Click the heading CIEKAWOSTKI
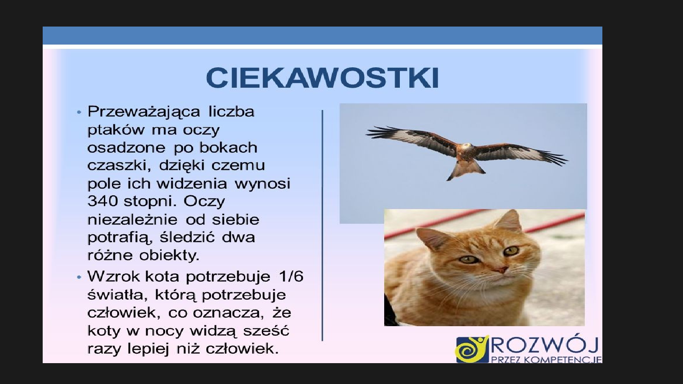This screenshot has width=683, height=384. click(x=323, y=78)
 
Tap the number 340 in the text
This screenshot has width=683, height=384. click(x=102, y=201)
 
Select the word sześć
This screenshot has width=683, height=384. click(x=267, y=330)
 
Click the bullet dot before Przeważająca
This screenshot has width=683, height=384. click(x=79, y=113)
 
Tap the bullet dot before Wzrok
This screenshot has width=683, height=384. click(x=79, y=277)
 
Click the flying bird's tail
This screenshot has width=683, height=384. click(x=466, y=169)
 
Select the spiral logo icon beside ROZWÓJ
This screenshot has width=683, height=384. click(x=472, y=349)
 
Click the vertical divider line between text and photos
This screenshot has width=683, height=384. click(x=323, y=225)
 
